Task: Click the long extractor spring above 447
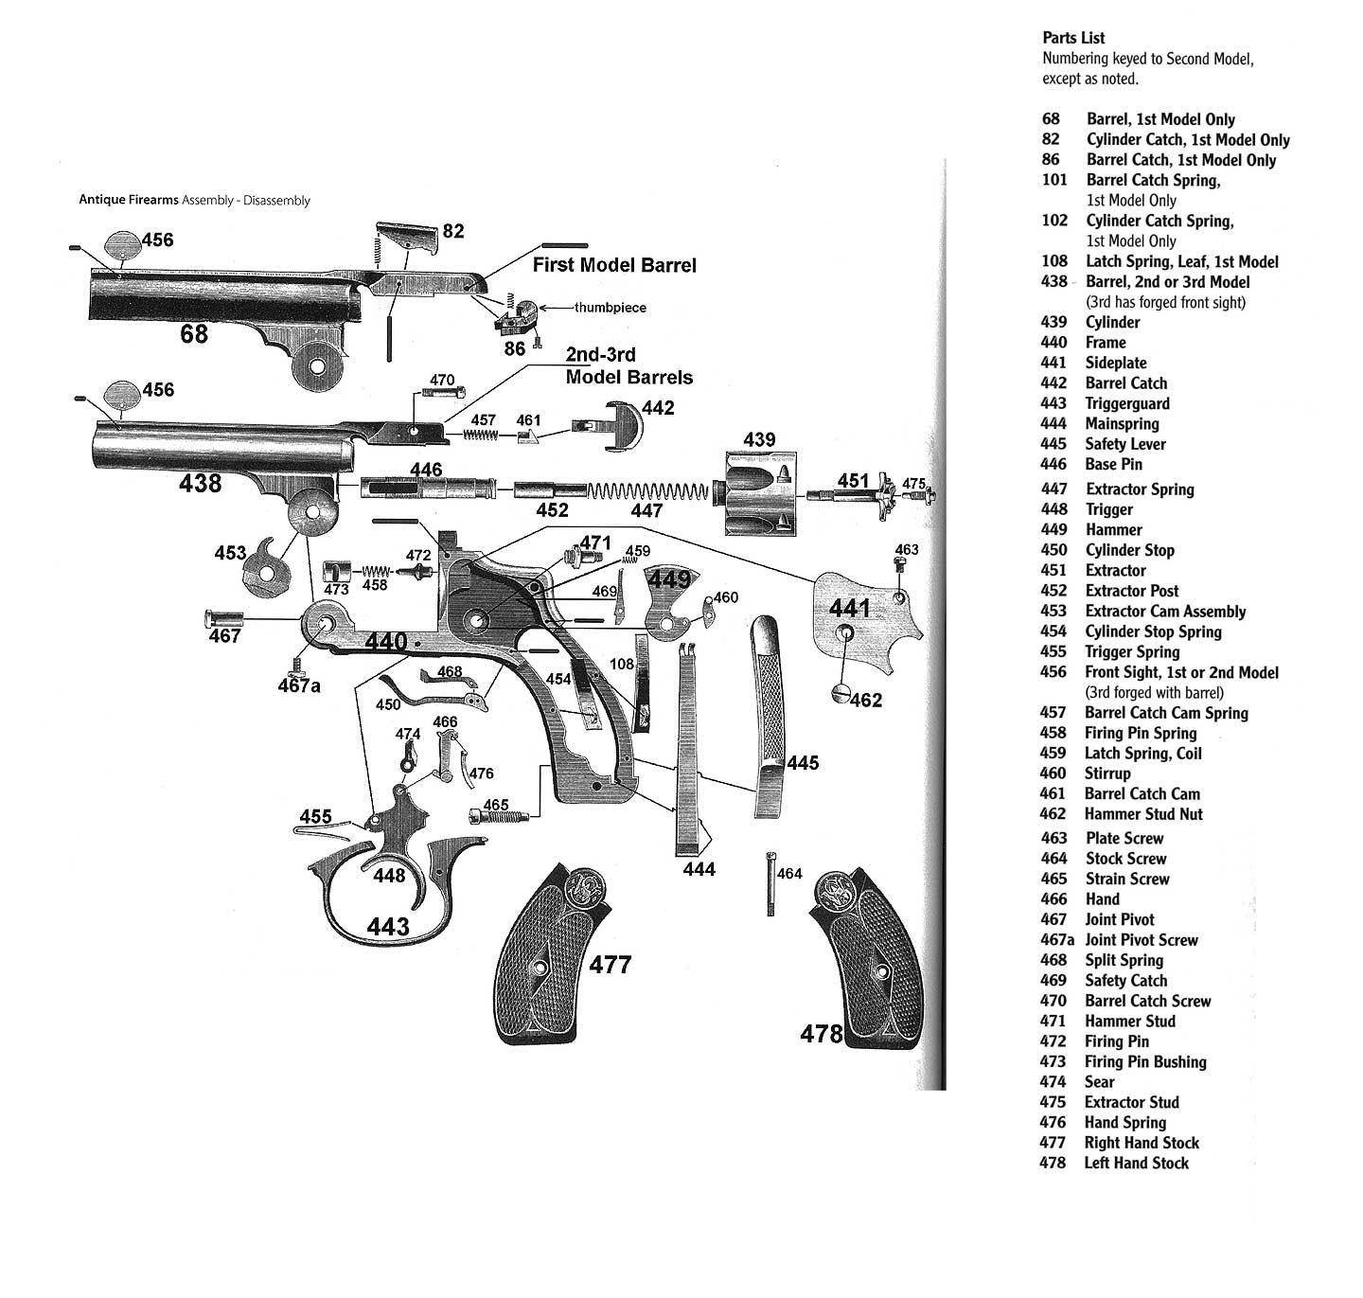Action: (x=647, y=491)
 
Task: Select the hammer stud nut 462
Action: (x=841, y=693)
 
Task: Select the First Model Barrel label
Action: (x=614, y=265)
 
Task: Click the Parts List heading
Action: (x=1073, y=38)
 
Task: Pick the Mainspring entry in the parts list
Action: (x=1122, y=423)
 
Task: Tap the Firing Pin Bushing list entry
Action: (x=1145, y=1061)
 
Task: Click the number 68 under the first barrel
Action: (x=194, y=334)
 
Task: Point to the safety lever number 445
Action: (x=803, y=762)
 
